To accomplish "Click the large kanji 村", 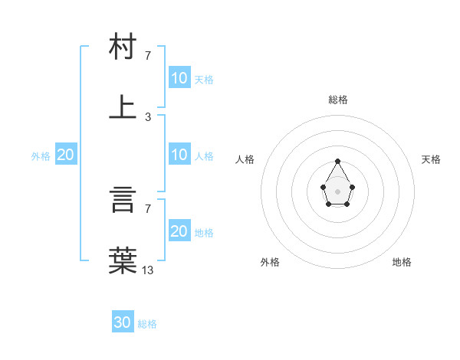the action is pos(123,47).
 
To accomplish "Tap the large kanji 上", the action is pos(123,106).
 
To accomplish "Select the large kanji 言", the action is pos(123,200).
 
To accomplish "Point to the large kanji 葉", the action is pos(123,260).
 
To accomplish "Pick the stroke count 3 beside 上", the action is pos(148,116).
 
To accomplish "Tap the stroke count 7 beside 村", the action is pos(148,55).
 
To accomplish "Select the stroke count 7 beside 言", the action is pos(148,208).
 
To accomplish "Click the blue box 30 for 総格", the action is pos(123,322).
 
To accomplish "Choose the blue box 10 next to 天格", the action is pos(179,77).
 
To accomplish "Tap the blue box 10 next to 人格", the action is pos(179,155).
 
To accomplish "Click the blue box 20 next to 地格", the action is pos(179,231).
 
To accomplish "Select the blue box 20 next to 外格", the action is pos(66,155).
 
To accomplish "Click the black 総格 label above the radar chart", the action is pos(338,100).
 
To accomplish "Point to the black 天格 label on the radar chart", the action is pos(432,159).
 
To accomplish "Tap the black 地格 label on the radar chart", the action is pos(402,262).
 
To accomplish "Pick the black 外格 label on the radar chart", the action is pos(270,262).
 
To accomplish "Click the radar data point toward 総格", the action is pos(337,161).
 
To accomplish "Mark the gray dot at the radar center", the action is pos(337,190).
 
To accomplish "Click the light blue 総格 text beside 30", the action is pos(147,324).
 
